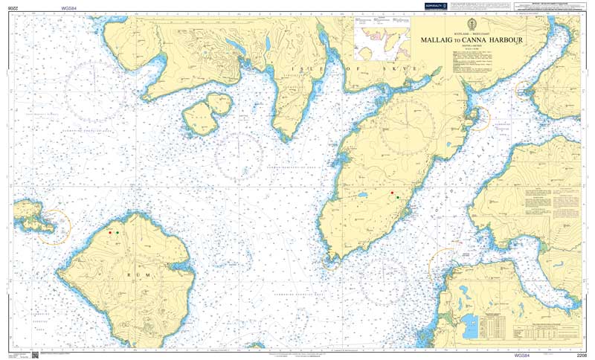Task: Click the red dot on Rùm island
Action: click(111, 233)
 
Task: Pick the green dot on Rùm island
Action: click(118, 233)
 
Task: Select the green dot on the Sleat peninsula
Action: click(398, 197)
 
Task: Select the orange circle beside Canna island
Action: click(54, 227)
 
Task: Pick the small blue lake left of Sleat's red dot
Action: click(362, 196)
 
